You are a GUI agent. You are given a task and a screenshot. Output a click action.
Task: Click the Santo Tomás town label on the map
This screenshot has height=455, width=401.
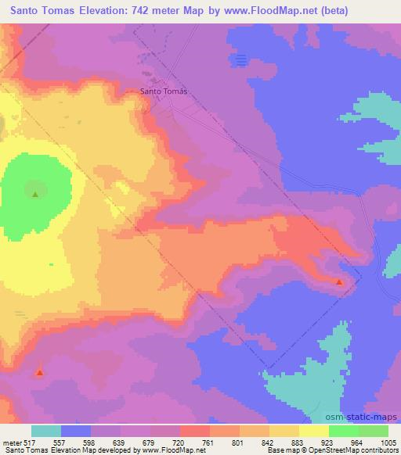(164, 91)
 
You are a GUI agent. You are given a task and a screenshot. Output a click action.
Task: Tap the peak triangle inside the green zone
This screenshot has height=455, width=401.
(34, 194)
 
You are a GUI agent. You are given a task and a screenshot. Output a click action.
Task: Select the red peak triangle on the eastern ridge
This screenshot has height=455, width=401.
(339, 281)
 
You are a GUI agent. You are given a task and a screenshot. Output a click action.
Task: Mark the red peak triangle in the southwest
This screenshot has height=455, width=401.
(40, 373)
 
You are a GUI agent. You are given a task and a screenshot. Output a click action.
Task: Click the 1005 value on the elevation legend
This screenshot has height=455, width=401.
(388, 442)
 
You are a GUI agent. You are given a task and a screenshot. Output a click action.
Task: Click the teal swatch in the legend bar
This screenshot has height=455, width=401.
(46, 431)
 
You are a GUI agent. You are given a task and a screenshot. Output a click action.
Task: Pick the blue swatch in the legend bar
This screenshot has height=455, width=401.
(76, 431)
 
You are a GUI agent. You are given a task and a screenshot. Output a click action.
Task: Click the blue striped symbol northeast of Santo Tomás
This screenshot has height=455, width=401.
(241, 59)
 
